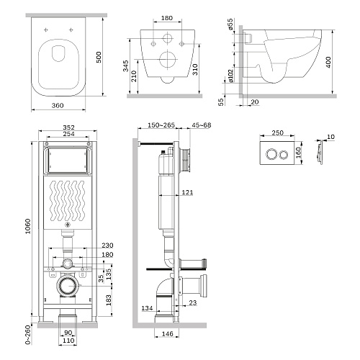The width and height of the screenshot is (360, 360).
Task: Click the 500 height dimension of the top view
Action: click(99, 58)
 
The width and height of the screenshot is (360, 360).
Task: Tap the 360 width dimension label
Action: click(58, 105)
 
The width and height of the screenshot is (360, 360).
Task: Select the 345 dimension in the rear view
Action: click(125, 66)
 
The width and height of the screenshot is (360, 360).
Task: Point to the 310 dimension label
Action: click(195, 69)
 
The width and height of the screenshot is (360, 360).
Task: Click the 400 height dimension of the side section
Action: click(328, 62)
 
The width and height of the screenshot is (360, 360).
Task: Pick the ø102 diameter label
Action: click(230, 76)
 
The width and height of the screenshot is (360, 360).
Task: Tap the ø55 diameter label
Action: click(230, 24)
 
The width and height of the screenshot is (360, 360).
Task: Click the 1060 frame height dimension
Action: click(28, 226)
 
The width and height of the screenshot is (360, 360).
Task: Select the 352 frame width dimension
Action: click(68, 127)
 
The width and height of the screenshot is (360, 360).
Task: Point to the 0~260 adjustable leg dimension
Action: click(28, 335)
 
